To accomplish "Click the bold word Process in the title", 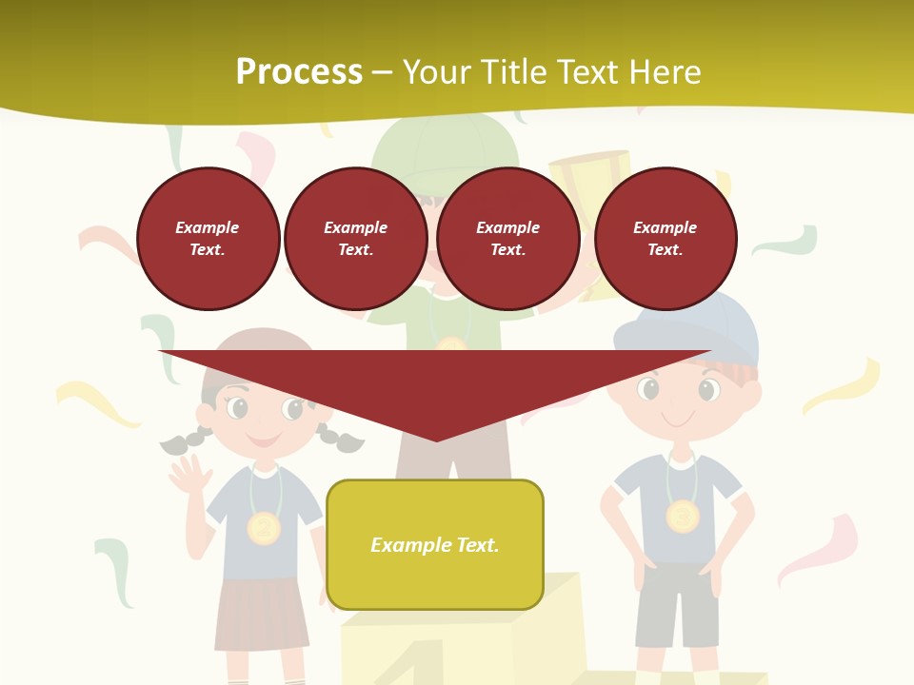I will click(299, 72).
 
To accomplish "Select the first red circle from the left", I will click(209, 239).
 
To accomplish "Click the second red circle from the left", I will click(356, 239).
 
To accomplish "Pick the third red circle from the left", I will click(508, 239).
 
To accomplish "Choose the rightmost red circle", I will click(666, 239).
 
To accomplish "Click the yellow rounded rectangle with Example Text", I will click(435, 544).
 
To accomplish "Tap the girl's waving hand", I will click(190, 476).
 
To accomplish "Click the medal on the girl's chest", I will click(264, 528).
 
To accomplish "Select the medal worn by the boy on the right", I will click(682, 517).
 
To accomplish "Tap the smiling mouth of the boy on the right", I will click(678, 420).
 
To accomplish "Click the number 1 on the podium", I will click(419, 666).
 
